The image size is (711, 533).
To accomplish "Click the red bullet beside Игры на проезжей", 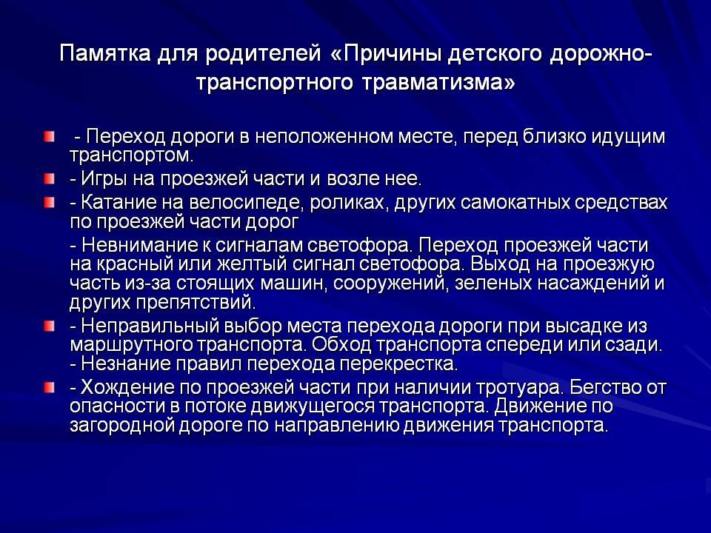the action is (50, 179).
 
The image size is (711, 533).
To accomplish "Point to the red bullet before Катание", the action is (50, 203).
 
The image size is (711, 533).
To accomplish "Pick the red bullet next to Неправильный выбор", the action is (50, 326).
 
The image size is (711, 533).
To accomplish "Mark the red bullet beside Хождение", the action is (50, 387).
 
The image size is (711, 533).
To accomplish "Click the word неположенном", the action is (324, 136).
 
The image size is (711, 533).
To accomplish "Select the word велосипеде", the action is (245, 204).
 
